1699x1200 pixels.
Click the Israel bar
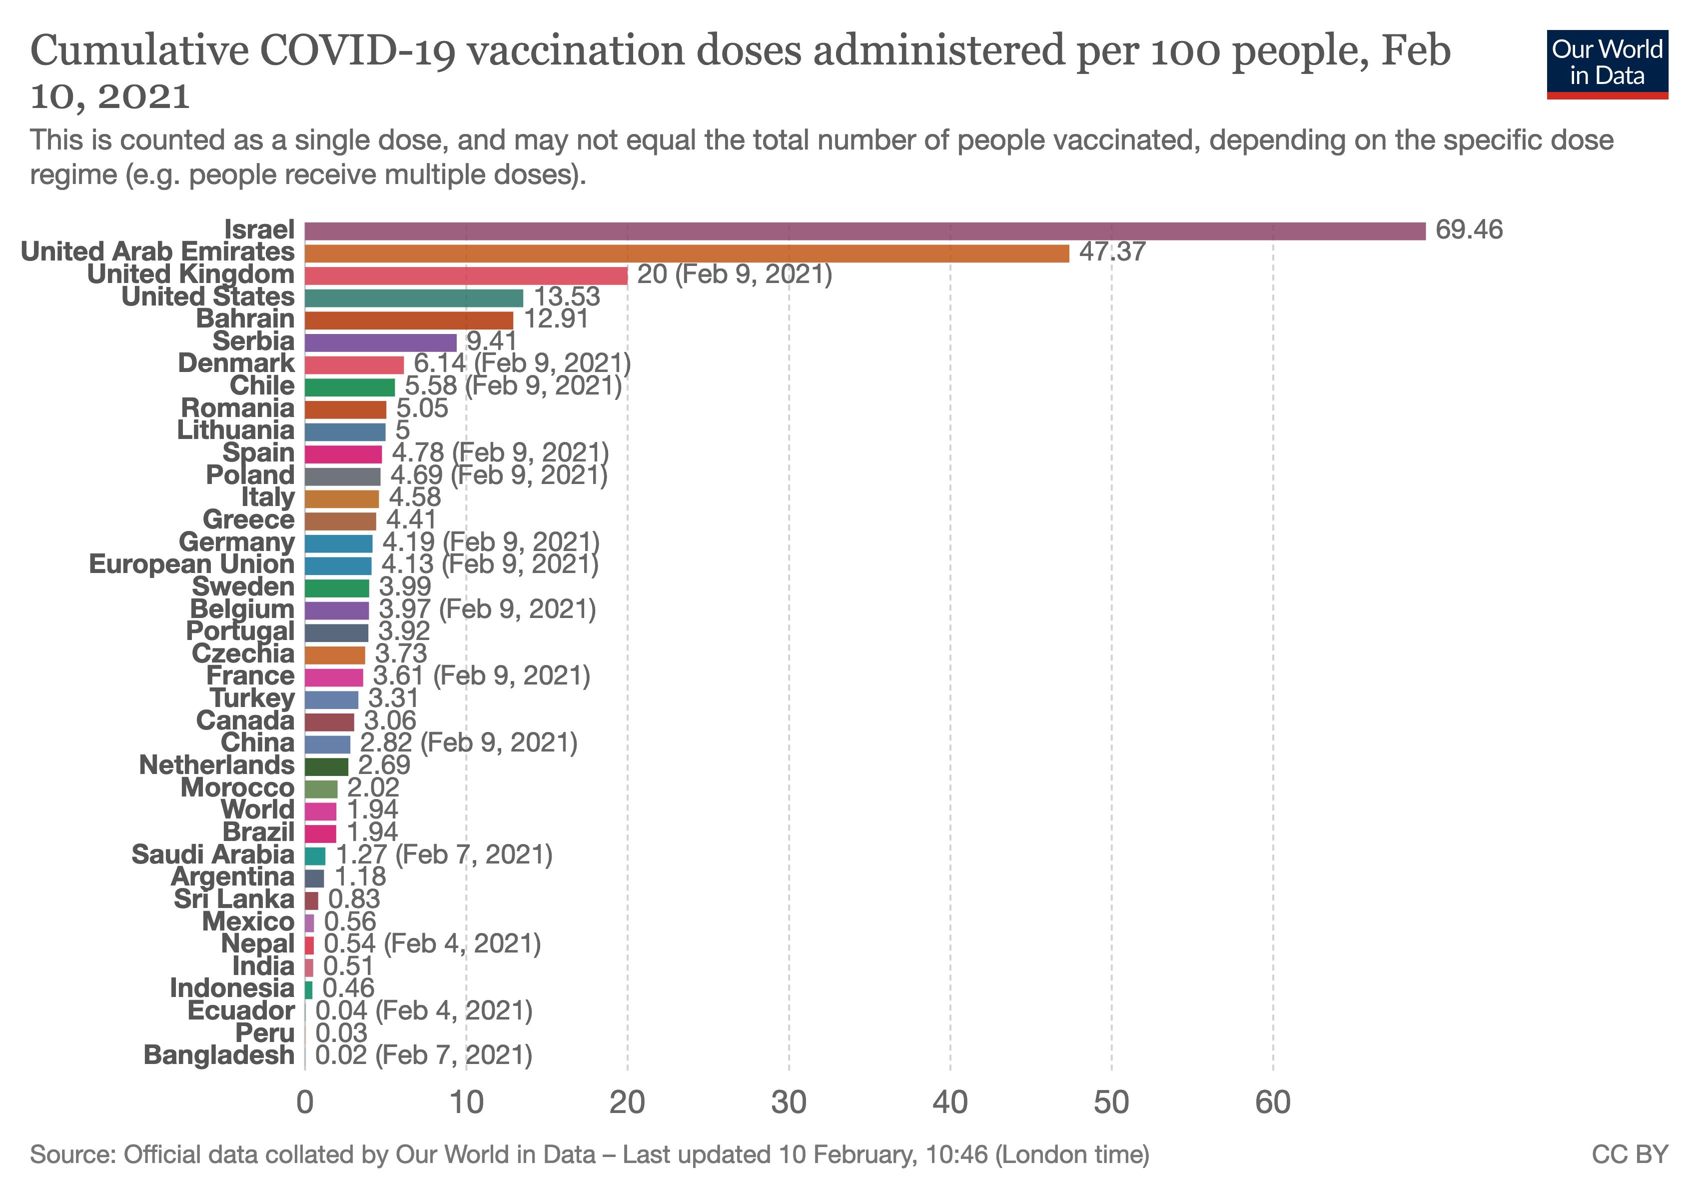(x=864, y=231)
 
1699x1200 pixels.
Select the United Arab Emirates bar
(x=686, y=253)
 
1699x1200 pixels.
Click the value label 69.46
(x=1468, y=229)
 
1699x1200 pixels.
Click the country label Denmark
(x=236, y=363)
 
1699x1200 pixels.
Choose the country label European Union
(x=192, y=564)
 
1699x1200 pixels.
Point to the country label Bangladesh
(x=219, y=1055)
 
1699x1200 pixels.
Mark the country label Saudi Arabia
(x=213, y=854)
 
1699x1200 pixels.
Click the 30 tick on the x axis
(x=789, y=1103)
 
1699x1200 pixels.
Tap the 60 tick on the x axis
(x=1273, y=1103)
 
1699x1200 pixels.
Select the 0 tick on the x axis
(x=305, y=1103)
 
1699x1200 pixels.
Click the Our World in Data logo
(x=1607, y=63)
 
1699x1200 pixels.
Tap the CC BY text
(x=1630, y=1155)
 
